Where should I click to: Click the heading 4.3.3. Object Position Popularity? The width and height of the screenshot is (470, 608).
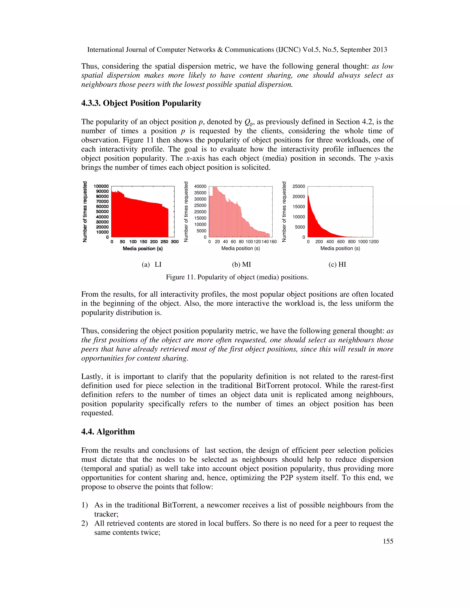[x=141, y=103]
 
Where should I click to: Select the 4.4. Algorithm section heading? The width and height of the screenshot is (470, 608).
[x=108, y=432]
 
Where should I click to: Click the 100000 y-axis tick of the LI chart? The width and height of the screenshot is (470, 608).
[x=101, y=186]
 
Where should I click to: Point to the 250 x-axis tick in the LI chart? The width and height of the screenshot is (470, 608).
[x=164, y=242]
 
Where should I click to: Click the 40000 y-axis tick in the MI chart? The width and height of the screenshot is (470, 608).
[x=200, y=186]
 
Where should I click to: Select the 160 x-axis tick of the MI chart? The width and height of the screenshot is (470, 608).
[x=273, y=242]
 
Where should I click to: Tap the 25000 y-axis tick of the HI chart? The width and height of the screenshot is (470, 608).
[x=299, y=186]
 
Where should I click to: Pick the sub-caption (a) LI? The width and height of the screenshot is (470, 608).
[x=151, y=265]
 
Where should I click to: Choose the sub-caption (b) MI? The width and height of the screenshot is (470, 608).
[x=241, y=265]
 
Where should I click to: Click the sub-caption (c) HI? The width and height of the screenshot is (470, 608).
[x=337, y=265]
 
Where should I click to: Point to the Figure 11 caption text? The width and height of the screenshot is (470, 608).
[x=237, y=277]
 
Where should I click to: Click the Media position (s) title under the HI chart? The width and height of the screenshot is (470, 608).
[x=340, y=248]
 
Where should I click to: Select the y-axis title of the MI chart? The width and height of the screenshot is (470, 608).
[x=186, y=212]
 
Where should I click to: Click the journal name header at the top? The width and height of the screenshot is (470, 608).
[x=237, y=50]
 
